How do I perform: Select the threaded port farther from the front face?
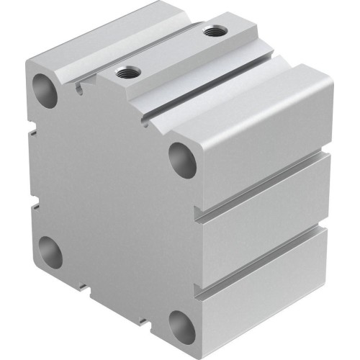pyautogui.click(x=212, y=32)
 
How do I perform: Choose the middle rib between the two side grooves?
pyautogui.click(x=266, y=223)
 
